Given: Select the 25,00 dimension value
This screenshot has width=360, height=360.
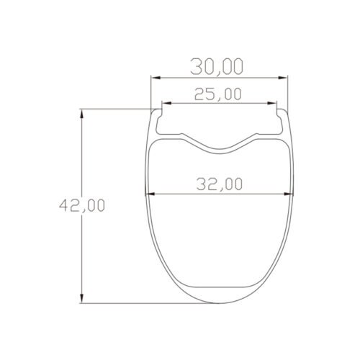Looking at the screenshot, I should [x=217, y=94].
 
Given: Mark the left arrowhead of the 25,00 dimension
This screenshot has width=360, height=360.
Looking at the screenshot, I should [x=163, y=104].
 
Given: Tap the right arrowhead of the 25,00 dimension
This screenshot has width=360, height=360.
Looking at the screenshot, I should [x=272, y=104].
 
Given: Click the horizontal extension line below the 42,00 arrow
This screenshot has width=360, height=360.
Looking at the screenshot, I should [x=144, y=305].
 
